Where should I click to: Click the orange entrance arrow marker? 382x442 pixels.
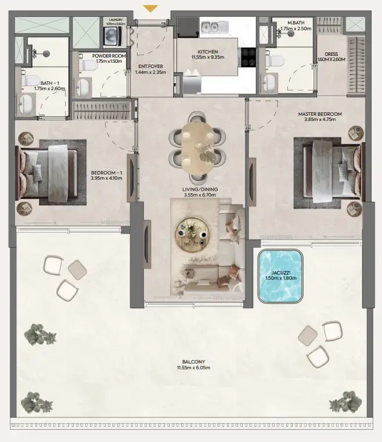[150, 8]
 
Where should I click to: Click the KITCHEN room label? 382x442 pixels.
[207, 51]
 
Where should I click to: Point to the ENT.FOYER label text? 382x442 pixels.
[150, 66]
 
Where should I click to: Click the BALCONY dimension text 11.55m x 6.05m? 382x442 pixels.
[190, 368]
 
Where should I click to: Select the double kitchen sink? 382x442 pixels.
[214, 27]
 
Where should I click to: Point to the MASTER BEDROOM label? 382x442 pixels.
[320, 114]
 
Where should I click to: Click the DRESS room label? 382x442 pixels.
[331, 54]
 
